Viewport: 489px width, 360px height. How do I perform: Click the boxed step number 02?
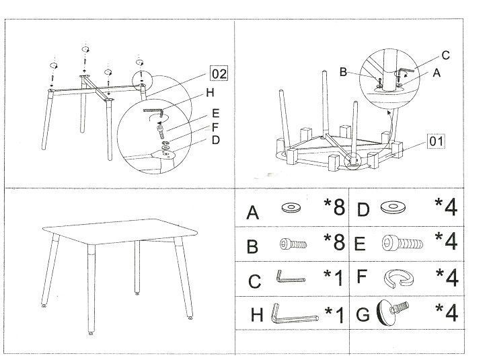(219, 73)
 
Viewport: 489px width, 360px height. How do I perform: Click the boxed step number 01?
(436, 141)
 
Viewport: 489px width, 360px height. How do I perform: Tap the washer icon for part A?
(291, 207)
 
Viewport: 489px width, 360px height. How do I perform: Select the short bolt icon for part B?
(293, 244)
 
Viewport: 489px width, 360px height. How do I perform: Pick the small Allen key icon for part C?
(291, 277)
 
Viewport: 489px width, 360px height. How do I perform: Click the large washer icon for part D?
(393, 207)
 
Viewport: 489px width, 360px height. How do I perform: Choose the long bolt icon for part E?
(402, 243)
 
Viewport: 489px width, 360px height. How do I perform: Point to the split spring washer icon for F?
(399, 278)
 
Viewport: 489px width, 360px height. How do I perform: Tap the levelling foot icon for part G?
(392, 313)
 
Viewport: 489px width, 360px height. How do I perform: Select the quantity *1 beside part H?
(334, 314)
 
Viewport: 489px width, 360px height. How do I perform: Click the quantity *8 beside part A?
(334, 207)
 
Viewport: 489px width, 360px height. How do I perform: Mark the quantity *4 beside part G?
(447, 313)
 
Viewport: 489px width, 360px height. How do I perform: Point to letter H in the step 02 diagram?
(210, 92)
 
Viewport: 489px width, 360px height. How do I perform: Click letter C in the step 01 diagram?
(446, 55)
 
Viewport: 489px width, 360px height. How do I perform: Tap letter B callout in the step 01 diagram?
(343, 72)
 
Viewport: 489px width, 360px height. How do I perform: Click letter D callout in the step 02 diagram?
(216, 140)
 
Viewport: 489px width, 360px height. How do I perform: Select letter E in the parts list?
(360, 244)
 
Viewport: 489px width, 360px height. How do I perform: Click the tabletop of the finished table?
(120, 231)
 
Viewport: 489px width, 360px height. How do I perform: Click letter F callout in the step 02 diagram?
(215, 127)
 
